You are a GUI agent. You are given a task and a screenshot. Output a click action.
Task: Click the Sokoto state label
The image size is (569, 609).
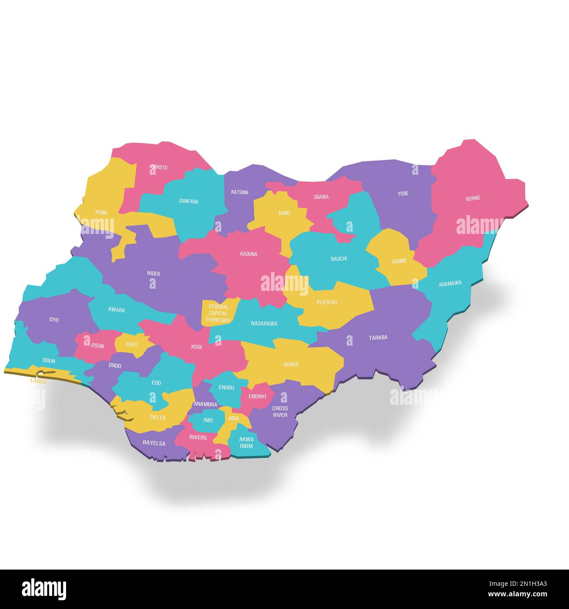pos(159,167)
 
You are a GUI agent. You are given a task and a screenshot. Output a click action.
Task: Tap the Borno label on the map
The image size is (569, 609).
pos(473,198)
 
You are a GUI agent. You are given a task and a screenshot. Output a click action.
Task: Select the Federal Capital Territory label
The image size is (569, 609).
pos(218,314)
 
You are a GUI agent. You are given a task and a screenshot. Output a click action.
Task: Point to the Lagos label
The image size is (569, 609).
pos(38,381)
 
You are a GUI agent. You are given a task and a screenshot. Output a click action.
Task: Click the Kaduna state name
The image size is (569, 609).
pos(249,254)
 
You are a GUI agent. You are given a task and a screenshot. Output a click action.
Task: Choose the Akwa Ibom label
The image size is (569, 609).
pos(246,443)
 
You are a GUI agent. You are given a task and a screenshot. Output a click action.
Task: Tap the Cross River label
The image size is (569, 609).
pos(280,411)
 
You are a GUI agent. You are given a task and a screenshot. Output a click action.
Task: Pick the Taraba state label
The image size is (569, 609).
pos(378,337)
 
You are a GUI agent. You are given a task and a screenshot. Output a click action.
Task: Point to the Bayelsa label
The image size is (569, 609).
pos(154,443)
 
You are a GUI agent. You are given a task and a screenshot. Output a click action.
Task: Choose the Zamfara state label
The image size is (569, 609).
pos(189,202)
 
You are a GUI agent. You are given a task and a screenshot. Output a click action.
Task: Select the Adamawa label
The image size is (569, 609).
pos(450,283)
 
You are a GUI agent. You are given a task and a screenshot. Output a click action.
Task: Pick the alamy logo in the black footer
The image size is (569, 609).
pos(44,589)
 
